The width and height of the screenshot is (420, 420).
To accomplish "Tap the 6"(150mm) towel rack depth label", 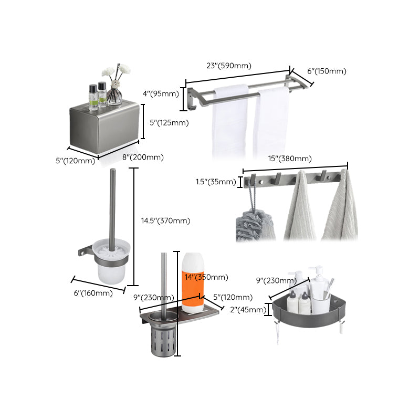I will (x=327, y=71).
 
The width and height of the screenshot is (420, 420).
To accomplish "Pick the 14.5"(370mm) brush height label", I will (x=165, y=221).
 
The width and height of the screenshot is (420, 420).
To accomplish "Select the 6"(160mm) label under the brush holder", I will (x=93, y=293).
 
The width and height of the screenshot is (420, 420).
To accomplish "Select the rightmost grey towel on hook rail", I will (x=340, y=210).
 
